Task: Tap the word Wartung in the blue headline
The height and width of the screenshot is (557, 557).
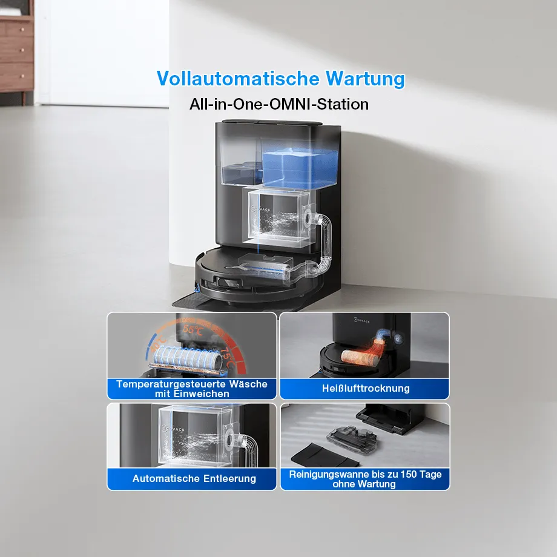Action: click(366, 79)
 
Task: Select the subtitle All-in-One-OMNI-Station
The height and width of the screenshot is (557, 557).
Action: click(279, 104)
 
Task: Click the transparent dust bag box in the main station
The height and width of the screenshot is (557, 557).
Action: click(279, 217)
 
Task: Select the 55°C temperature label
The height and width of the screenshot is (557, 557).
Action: click(193, 330)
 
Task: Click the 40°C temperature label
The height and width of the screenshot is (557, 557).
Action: click(159, 343)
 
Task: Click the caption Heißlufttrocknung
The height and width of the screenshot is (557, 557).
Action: click(366, 388)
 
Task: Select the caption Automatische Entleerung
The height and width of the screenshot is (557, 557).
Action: click(194, 478)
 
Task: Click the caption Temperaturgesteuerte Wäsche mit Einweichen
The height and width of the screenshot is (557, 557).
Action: click(192, 389)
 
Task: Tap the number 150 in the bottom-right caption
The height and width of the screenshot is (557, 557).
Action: click(408, 474)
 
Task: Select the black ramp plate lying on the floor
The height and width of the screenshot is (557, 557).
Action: click(326, 455)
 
